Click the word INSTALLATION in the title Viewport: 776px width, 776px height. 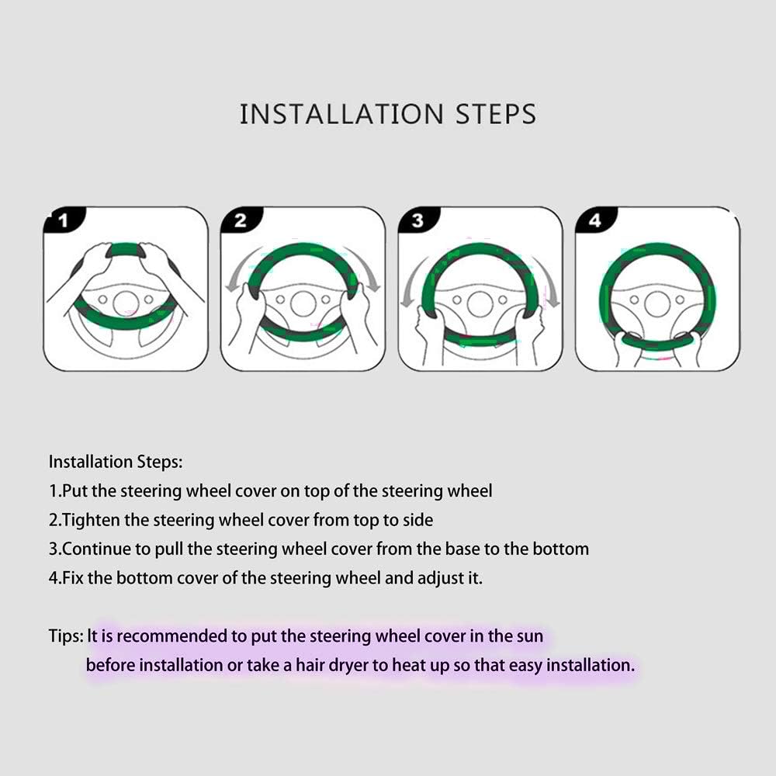341,114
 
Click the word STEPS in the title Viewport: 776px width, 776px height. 496,114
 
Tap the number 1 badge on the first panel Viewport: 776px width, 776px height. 64,220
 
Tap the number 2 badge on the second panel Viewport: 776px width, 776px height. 241,220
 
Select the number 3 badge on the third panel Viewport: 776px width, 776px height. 418,220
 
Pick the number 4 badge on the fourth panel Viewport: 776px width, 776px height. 595,220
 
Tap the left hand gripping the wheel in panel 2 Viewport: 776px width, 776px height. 250,317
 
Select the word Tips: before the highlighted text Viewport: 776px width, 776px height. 66,636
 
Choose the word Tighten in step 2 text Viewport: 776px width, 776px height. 92,520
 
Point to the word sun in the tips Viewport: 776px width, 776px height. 529,636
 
